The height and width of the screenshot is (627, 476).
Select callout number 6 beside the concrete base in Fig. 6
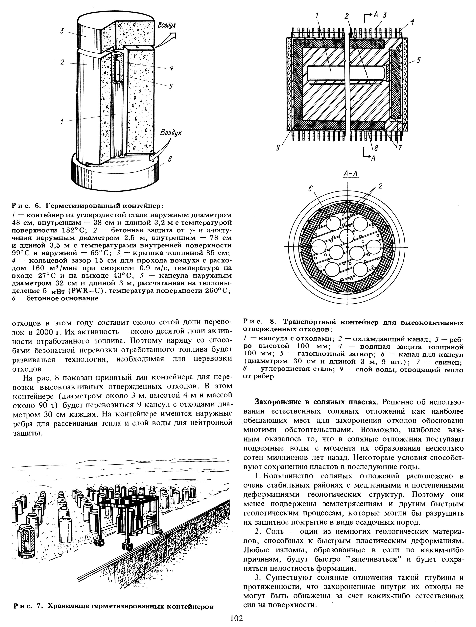click(x=170, y=160)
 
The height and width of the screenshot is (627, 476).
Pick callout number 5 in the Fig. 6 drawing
click(x=171, y=87)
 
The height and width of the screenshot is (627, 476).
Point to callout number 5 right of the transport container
click(x=419, y=60)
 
